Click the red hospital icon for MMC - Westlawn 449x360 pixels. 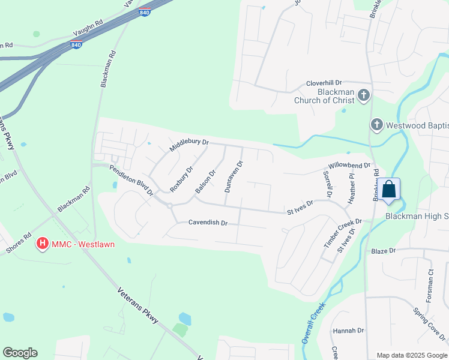point(43,244)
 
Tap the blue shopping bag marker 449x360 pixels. point(389,189)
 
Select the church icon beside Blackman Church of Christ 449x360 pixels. point(363,95)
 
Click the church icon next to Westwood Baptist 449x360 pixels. point(376,125)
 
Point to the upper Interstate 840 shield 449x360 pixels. point(143,11)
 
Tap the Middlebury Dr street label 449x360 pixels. point(188,145)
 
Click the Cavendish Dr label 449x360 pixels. point(208,223)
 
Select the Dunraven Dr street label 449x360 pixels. point(234,176)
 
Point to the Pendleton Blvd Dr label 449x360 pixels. point(131,180)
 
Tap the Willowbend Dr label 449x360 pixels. point(349,165)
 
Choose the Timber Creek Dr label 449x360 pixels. point(343,233)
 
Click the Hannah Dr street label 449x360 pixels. point(348,331)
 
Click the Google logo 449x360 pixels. point(20,353)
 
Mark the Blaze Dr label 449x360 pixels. point(384,250)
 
